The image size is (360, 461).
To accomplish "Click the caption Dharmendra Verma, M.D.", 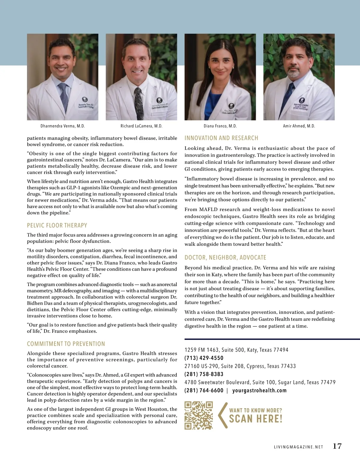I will [x=63, y=126].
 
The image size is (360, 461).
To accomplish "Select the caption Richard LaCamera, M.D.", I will [x=141, y=126].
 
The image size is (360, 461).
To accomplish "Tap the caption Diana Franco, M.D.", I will [x=220, y=126].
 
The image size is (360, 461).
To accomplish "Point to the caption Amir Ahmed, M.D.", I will [x=299, y=126].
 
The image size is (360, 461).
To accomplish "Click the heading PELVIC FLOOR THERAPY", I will [x=57, y=225].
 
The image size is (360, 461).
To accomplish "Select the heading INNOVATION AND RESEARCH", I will [x=221, y=138].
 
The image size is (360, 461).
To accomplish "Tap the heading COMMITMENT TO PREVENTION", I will [x=66, y=344].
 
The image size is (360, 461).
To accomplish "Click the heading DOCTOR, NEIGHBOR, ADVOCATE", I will [x=225, y=257].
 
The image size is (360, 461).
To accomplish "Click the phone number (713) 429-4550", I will [x=204, y=358].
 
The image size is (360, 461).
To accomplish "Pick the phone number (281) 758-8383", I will [x=204, y=374].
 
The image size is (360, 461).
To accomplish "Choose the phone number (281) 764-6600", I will [x=204, y=390].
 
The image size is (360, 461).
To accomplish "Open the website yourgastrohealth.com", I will [x=259, y=390].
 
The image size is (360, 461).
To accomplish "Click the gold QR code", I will [x=199, y=415].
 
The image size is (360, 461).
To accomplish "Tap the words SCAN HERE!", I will [x=256, y=419].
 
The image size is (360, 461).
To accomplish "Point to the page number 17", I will [x=337, y=446].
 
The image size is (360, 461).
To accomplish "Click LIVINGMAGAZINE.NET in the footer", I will [x=298, y=447].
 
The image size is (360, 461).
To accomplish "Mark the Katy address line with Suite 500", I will [x=236, y=350].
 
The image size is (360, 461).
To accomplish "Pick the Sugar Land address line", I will [x=260, y=382].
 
